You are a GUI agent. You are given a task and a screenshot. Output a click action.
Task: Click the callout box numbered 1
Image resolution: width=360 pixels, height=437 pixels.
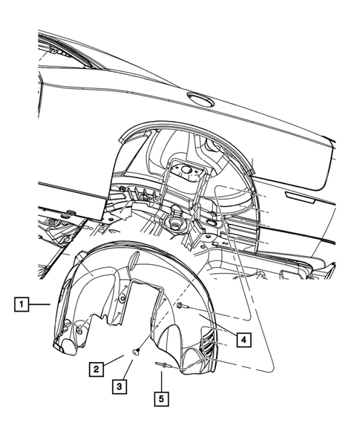coord(23,303)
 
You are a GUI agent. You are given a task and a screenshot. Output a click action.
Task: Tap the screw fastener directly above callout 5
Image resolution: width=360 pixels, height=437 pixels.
coord(163,363)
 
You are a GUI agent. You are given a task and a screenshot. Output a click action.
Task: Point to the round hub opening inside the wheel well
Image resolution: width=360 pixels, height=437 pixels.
coord(176,221)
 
